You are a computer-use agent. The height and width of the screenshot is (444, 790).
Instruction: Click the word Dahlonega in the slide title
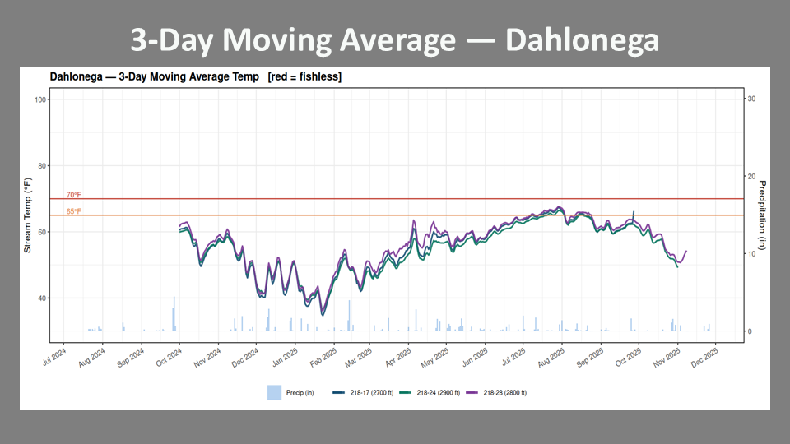pyautogui.click(x=582, y=39)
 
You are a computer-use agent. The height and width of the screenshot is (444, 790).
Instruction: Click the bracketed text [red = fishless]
pyautogui.click(x=304, y=77)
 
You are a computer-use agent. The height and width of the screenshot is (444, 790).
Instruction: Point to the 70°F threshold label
pyautogui.click(x=73, y=195)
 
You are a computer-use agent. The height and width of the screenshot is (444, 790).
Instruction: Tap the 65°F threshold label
pyautogui.click(x=73, y=211)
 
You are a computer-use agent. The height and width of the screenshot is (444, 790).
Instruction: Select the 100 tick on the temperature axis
pyautogui.click(x=40, y=99)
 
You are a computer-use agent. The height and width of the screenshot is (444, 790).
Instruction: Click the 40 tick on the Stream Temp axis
pyautogui.click(x=42, y=298)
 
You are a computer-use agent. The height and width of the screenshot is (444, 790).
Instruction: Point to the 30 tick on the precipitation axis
pyautogui.click(x=751, y=99)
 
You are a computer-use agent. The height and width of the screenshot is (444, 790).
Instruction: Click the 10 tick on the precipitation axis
pyautogui.click(x=751, y=254)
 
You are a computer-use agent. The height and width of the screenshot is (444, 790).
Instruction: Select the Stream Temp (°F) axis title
pyautogui.click(x=28, y=215)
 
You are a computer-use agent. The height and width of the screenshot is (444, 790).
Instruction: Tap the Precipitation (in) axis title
pyautogui.click(x=762, y=215)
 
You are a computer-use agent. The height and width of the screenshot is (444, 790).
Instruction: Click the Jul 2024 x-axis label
pyautogui.click(x=54, y=356)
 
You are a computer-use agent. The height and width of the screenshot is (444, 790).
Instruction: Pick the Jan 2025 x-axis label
pyautogui.click(x=285, y=358)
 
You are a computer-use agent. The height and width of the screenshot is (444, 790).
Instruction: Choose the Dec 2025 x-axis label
pyautogui.click(x=704, y=358)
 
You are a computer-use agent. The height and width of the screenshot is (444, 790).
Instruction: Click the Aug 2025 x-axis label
pyautogui.click(x=551, y=358)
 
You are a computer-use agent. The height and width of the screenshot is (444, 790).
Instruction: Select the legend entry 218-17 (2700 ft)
pyautogui.click(x=363, y=393)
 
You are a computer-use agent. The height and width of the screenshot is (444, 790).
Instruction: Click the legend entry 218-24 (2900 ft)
pyautogui.click(x=430, y=393)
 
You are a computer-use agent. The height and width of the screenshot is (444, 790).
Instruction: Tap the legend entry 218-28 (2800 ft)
pyautogui.click(x=495, y=393)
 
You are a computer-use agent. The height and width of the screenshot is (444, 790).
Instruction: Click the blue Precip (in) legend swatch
pyautogui.click(x=274, y=393)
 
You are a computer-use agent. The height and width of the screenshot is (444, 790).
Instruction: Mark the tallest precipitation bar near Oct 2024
pyautogui.click(x=174, y=313)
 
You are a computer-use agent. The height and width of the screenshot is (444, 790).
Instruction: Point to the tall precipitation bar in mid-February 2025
pyautogui.click(x=349, y=316)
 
